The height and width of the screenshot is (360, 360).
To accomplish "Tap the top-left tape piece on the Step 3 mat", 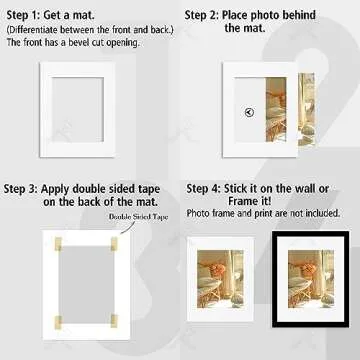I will pyautogui.click(x=56, y=240).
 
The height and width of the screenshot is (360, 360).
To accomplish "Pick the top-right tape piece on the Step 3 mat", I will pyautogui.click(x=114, y=240).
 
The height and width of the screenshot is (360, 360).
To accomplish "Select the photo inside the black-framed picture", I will pyautogui.click(x=310, y=277).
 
